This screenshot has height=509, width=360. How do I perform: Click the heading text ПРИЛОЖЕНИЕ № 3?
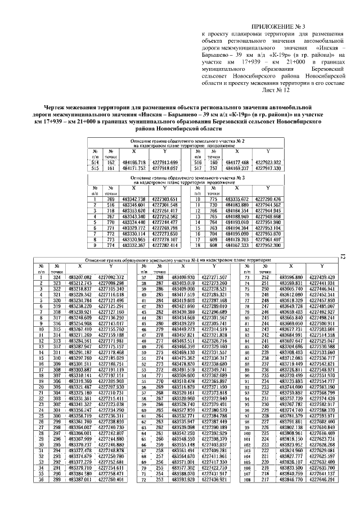pyautogui.click(x=280, y=26)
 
